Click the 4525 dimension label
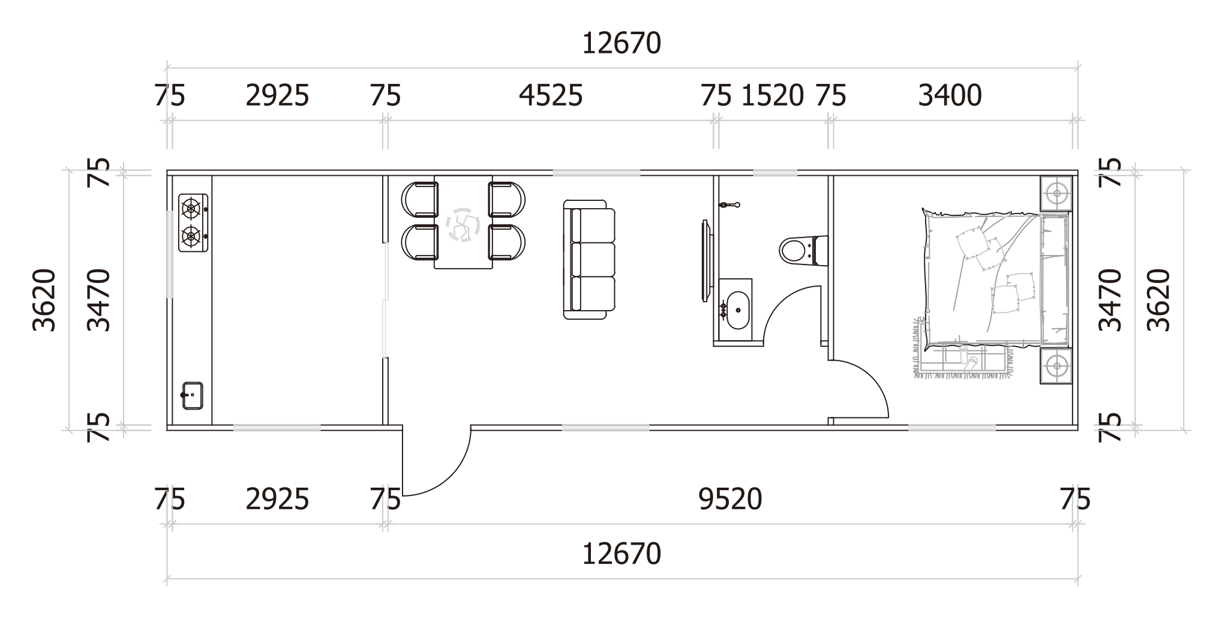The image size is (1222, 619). (x=551, y=95)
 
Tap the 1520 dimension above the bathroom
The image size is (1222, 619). (x=773, y=95)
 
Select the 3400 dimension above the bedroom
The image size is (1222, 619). (x=950, y=95)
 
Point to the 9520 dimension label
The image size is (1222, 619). (x=730, y=499)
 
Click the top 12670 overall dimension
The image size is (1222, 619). (x=621, y=43)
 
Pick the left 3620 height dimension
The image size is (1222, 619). (x=44, y=300)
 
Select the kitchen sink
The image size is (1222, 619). (x=192, y=396)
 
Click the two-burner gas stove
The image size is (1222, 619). (x=193, y=223)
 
